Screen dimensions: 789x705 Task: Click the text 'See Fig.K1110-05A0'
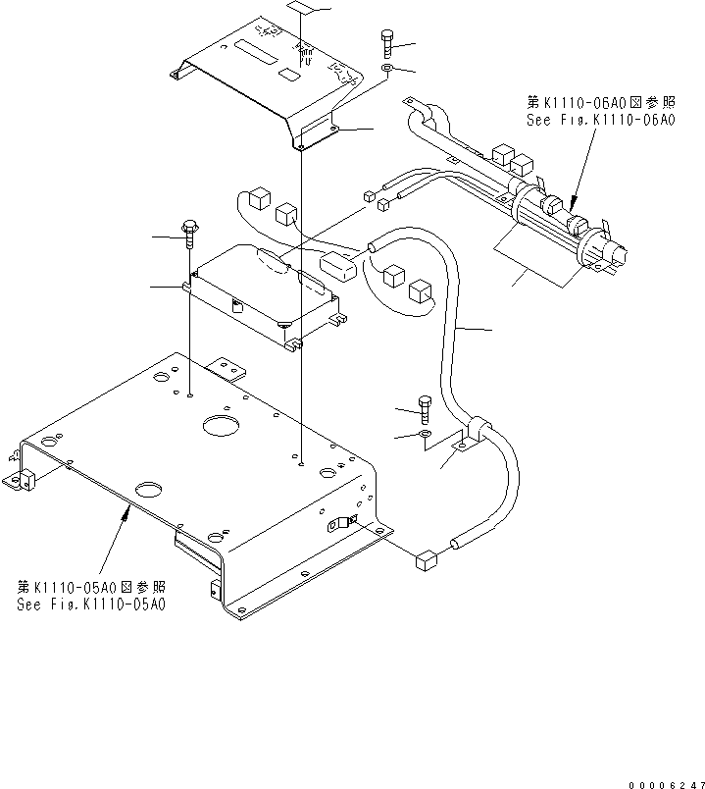coord(91,605)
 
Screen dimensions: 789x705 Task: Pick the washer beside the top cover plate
coord(388,70)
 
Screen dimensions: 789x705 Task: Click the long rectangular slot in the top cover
coord(258,44)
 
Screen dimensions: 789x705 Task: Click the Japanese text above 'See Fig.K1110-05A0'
coord(91,587)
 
